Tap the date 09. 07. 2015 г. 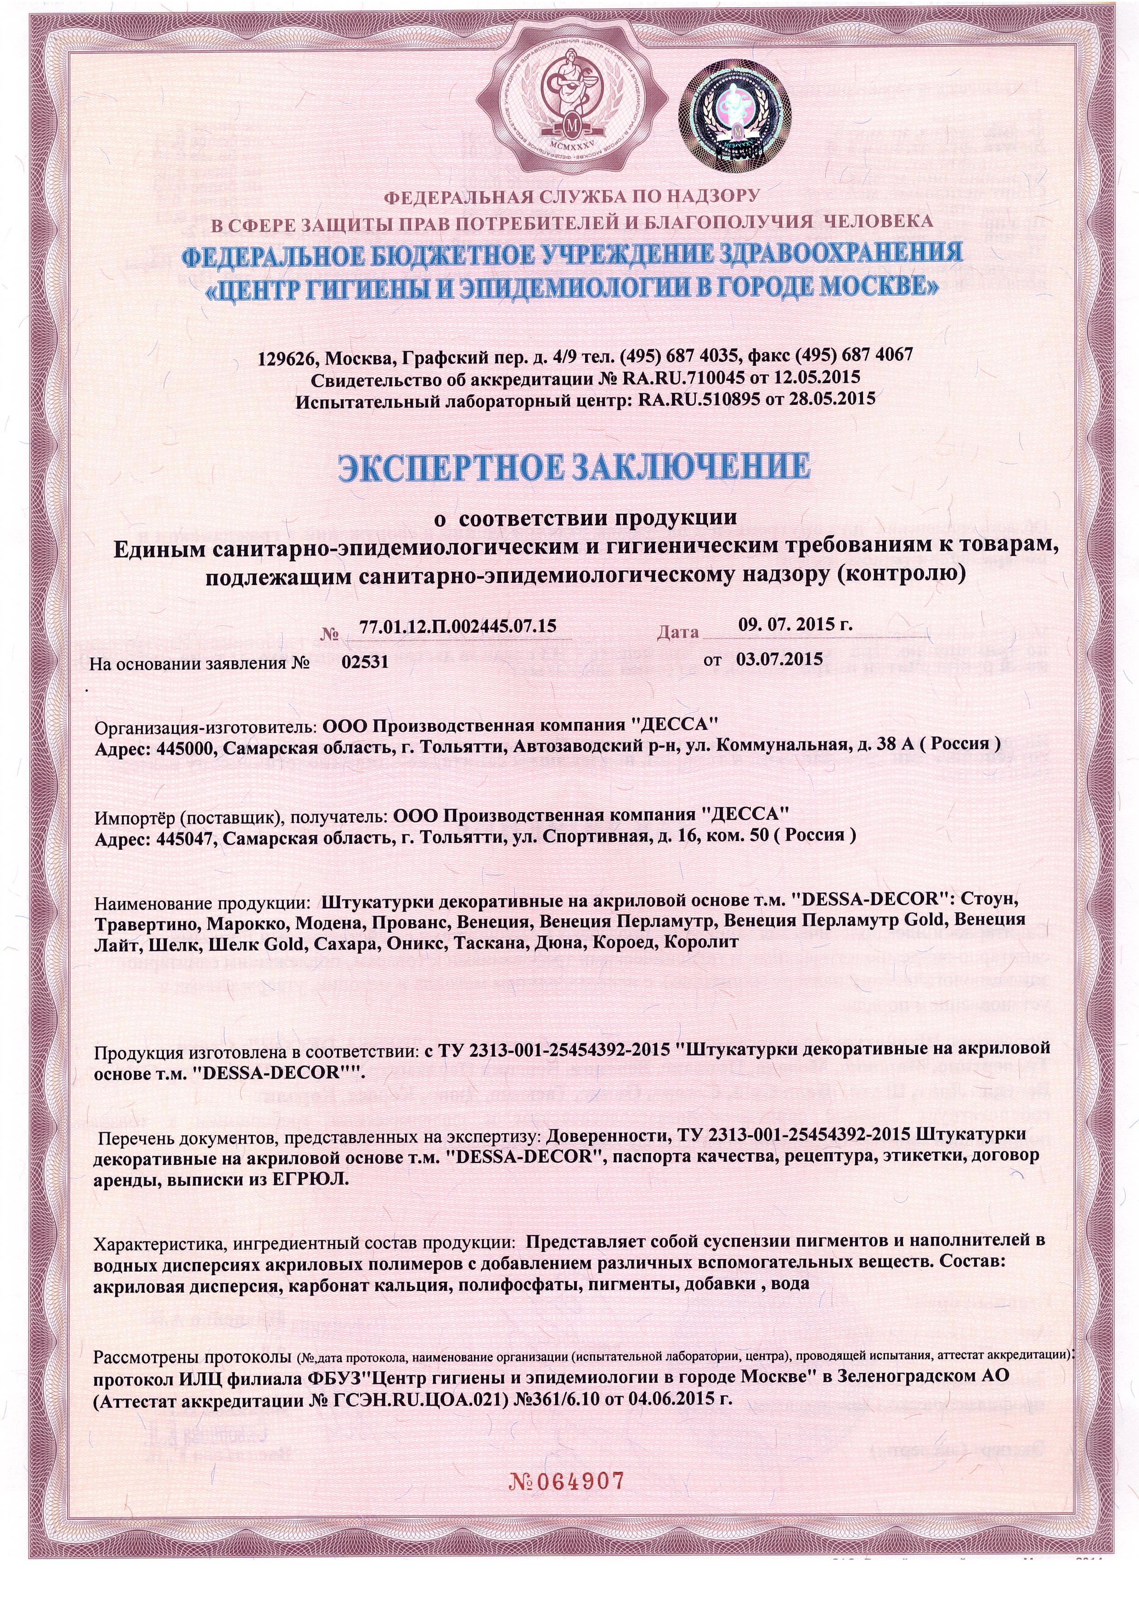click(x=795, y=624)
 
